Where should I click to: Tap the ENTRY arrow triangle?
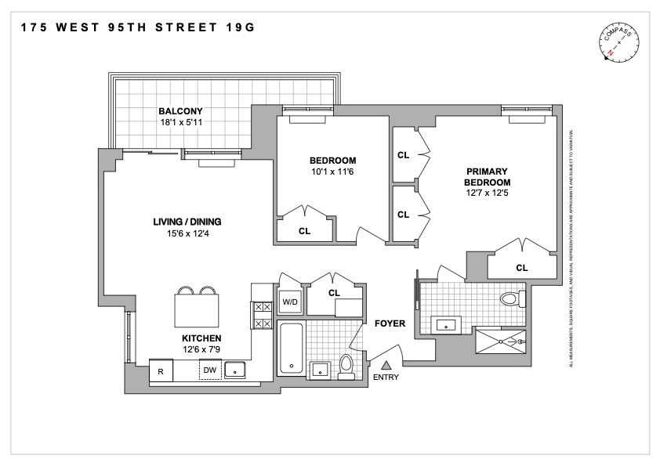point(386,364)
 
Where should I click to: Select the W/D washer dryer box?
point(289,302)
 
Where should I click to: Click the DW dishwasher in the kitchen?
point(209,370)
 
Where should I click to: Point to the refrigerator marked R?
point(161,371)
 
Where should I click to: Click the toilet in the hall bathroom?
point(346,365)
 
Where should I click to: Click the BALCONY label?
point(176,110)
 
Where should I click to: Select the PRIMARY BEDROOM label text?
point(488,177)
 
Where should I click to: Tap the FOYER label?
point(389,323)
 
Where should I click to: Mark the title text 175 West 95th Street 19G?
point(137,27)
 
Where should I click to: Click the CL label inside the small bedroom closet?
point(303,231)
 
